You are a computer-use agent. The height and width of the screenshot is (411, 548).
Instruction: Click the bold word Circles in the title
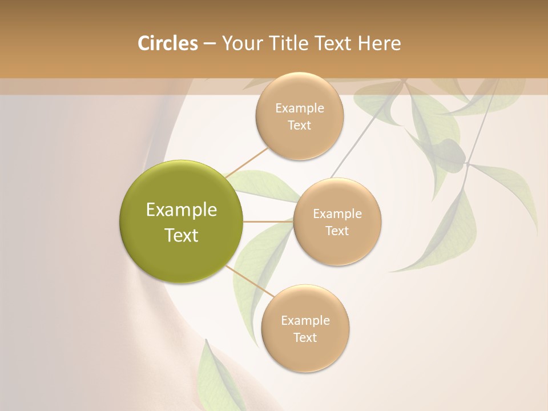pos(167,43)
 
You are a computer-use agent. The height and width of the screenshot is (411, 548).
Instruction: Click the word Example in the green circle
pos(182,210)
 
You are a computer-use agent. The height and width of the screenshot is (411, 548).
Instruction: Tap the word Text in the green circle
pos(182,235)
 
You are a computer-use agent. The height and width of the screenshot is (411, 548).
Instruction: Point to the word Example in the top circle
pos(299,108)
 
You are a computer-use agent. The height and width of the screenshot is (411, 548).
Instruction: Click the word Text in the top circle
pos(299,126)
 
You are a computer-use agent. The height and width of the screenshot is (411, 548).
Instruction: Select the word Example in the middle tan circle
pos(337,214)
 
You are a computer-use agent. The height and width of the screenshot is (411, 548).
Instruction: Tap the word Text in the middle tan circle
pos(337,231)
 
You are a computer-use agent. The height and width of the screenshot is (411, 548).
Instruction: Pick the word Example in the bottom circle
pos(305,321)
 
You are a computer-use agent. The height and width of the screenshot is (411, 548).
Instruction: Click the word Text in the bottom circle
pos(305,338)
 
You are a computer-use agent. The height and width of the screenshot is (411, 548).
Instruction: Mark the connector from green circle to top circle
pos(247,162)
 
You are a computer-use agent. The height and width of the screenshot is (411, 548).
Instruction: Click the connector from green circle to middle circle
pos(268,221)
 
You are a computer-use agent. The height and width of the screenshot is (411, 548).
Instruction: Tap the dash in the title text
pos(209,43)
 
